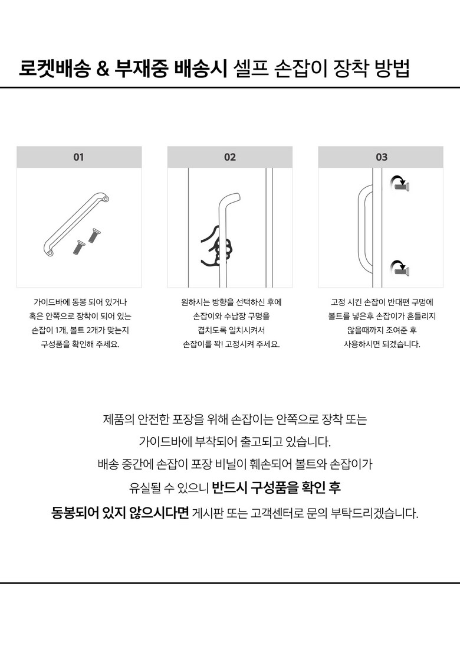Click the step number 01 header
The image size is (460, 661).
coord(78,157)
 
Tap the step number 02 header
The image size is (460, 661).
coord(230,157)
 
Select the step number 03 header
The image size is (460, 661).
coord(382,157)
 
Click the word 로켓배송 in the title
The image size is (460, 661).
coord(54,69)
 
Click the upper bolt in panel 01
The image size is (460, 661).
coord(93,235)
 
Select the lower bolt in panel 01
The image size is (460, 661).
coord(78,246)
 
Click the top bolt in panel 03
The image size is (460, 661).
coord(403,187)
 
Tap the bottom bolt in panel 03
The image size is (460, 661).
coord(403,270)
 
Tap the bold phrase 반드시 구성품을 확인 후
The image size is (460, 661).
coord(276,488)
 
